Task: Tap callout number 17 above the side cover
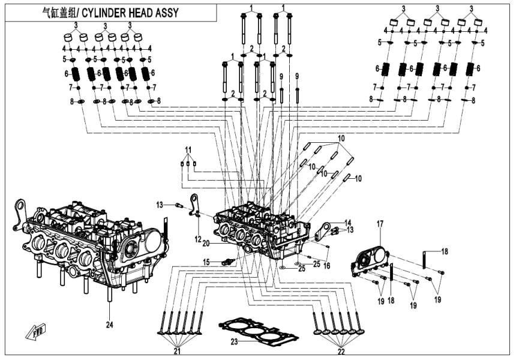(x=379, y=224)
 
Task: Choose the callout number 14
(x=348, y=222)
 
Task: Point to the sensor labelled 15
(x=227, y=262)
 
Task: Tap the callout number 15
(x=206, y=262)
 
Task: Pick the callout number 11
(x=187, y=149)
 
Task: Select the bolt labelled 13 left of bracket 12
(x=178, y=206)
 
